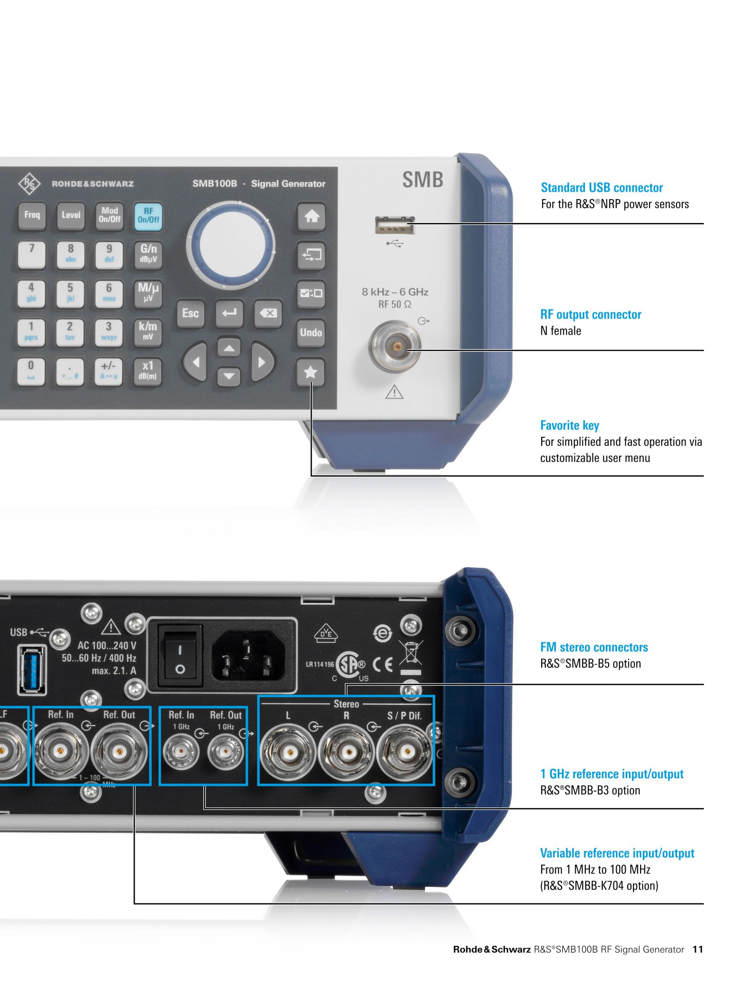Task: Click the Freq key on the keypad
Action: pos(32,215)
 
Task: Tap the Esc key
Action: pos(190,314)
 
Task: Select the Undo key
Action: pos(311,332)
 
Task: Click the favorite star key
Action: pos(311,372)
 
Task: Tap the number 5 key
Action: pos(70,293)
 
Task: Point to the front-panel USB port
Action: pos(394,225)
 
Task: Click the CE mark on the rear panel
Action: pos(383,665)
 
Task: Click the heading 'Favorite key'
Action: pos(569,425)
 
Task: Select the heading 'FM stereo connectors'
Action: pos(594,647)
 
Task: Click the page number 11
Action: pos(697,949)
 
